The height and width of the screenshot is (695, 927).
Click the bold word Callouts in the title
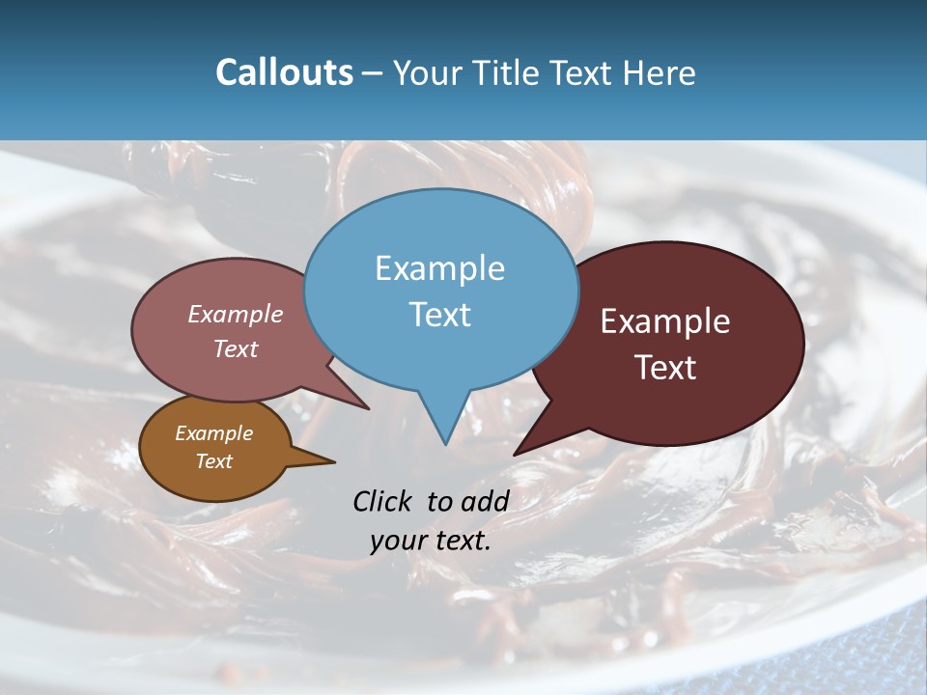[284, 72]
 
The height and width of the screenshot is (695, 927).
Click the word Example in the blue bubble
[439, 268]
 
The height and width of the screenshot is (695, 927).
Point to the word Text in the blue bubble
[439, 315]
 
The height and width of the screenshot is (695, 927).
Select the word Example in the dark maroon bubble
[665, 321]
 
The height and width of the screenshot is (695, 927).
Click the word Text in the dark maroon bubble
[665, 368]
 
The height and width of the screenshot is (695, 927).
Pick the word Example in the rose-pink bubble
[236, 314]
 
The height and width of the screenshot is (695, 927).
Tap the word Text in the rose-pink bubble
[236, 348]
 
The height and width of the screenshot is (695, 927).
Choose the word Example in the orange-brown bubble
[213, 433]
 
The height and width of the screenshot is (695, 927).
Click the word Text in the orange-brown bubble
[213, 461]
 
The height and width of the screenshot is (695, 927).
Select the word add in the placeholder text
[485, 501]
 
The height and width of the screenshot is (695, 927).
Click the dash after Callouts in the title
[373, 72]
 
